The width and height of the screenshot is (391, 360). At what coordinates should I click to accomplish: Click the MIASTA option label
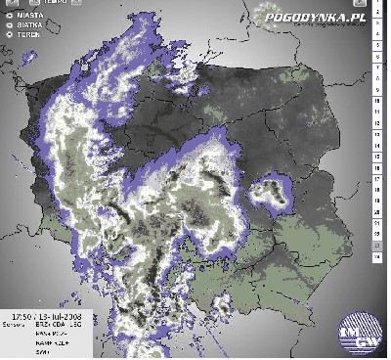28,16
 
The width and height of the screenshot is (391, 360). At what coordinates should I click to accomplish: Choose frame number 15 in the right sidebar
377,162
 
